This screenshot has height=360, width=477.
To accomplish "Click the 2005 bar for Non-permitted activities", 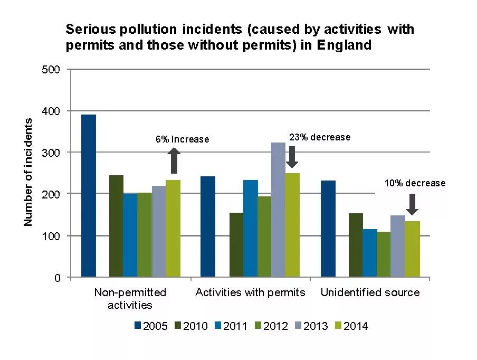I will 88,195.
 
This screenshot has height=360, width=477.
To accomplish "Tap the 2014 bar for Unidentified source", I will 412,249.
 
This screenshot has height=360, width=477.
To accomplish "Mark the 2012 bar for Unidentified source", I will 384,254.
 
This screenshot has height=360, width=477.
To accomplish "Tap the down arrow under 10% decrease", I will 413,204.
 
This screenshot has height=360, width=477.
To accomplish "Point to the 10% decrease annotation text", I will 414,184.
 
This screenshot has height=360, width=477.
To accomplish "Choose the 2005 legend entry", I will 151,326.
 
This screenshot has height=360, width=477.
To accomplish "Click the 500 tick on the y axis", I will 51,70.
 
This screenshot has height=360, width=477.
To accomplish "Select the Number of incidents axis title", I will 28,173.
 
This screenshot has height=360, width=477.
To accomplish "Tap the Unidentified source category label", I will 370,292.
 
